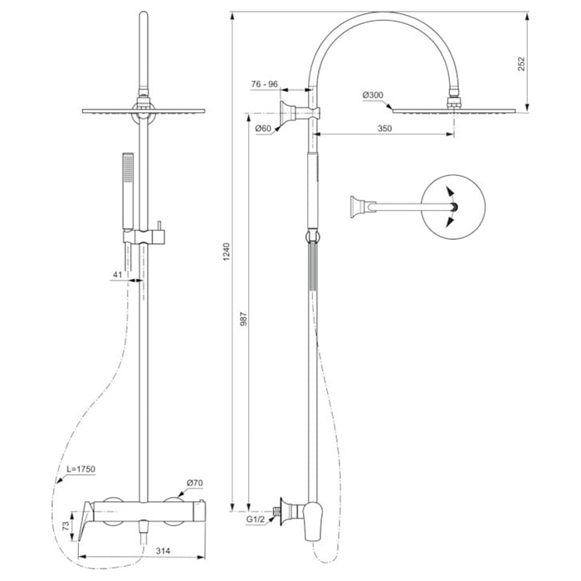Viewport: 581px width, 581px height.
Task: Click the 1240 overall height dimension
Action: point(227,251)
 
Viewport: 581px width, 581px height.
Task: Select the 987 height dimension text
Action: point(243,319)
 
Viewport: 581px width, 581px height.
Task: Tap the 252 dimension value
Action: point(521,64)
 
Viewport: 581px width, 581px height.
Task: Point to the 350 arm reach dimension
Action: point(384,128)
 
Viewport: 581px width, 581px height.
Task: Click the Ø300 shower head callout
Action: point(373,95)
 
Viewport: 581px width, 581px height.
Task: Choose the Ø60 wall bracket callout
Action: point(263,129)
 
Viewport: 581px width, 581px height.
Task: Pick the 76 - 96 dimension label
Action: point(264,84)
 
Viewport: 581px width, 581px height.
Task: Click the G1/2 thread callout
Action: point(256,520)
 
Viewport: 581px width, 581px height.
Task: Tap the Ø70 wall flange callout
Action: point(195,483)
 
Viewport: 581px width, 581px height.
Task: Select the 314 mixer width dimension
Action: point(163,551)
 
